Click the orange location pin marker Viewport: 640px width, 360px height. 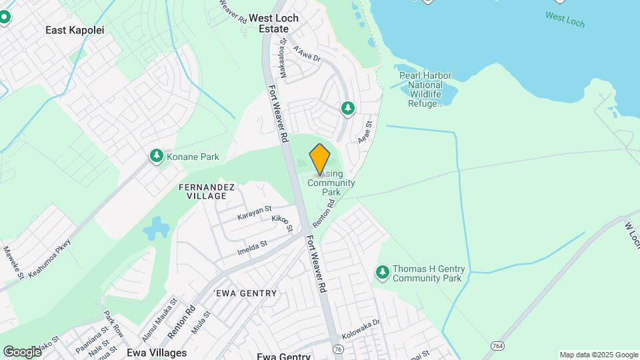pos(320,159)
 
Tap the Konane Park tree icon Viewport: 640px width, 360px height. pos(156,156)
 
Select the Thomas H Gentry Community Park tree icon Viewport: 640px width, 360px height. pos(382,271)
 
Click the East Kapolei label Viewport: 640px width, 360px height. pos(75,30)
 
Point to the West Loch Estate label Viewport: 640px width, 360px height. pos(273,23)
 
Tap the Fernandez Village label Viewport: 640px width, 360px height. pos(207,192)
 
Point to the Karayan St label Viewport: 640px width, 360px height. pos(255,213)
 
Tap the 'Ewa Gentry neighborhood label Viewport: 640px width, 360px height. pos(245,293)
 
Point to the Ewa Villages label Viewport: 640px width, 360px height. pos(156,352)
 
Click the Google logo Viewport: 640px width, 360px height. pos(22,351)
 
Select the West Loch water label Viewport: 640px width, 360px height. pos(565,19)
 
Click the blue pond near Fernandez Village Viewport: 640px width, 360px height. pos(156,229)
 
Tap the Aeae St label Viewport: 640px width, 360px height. pos(364,132)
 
